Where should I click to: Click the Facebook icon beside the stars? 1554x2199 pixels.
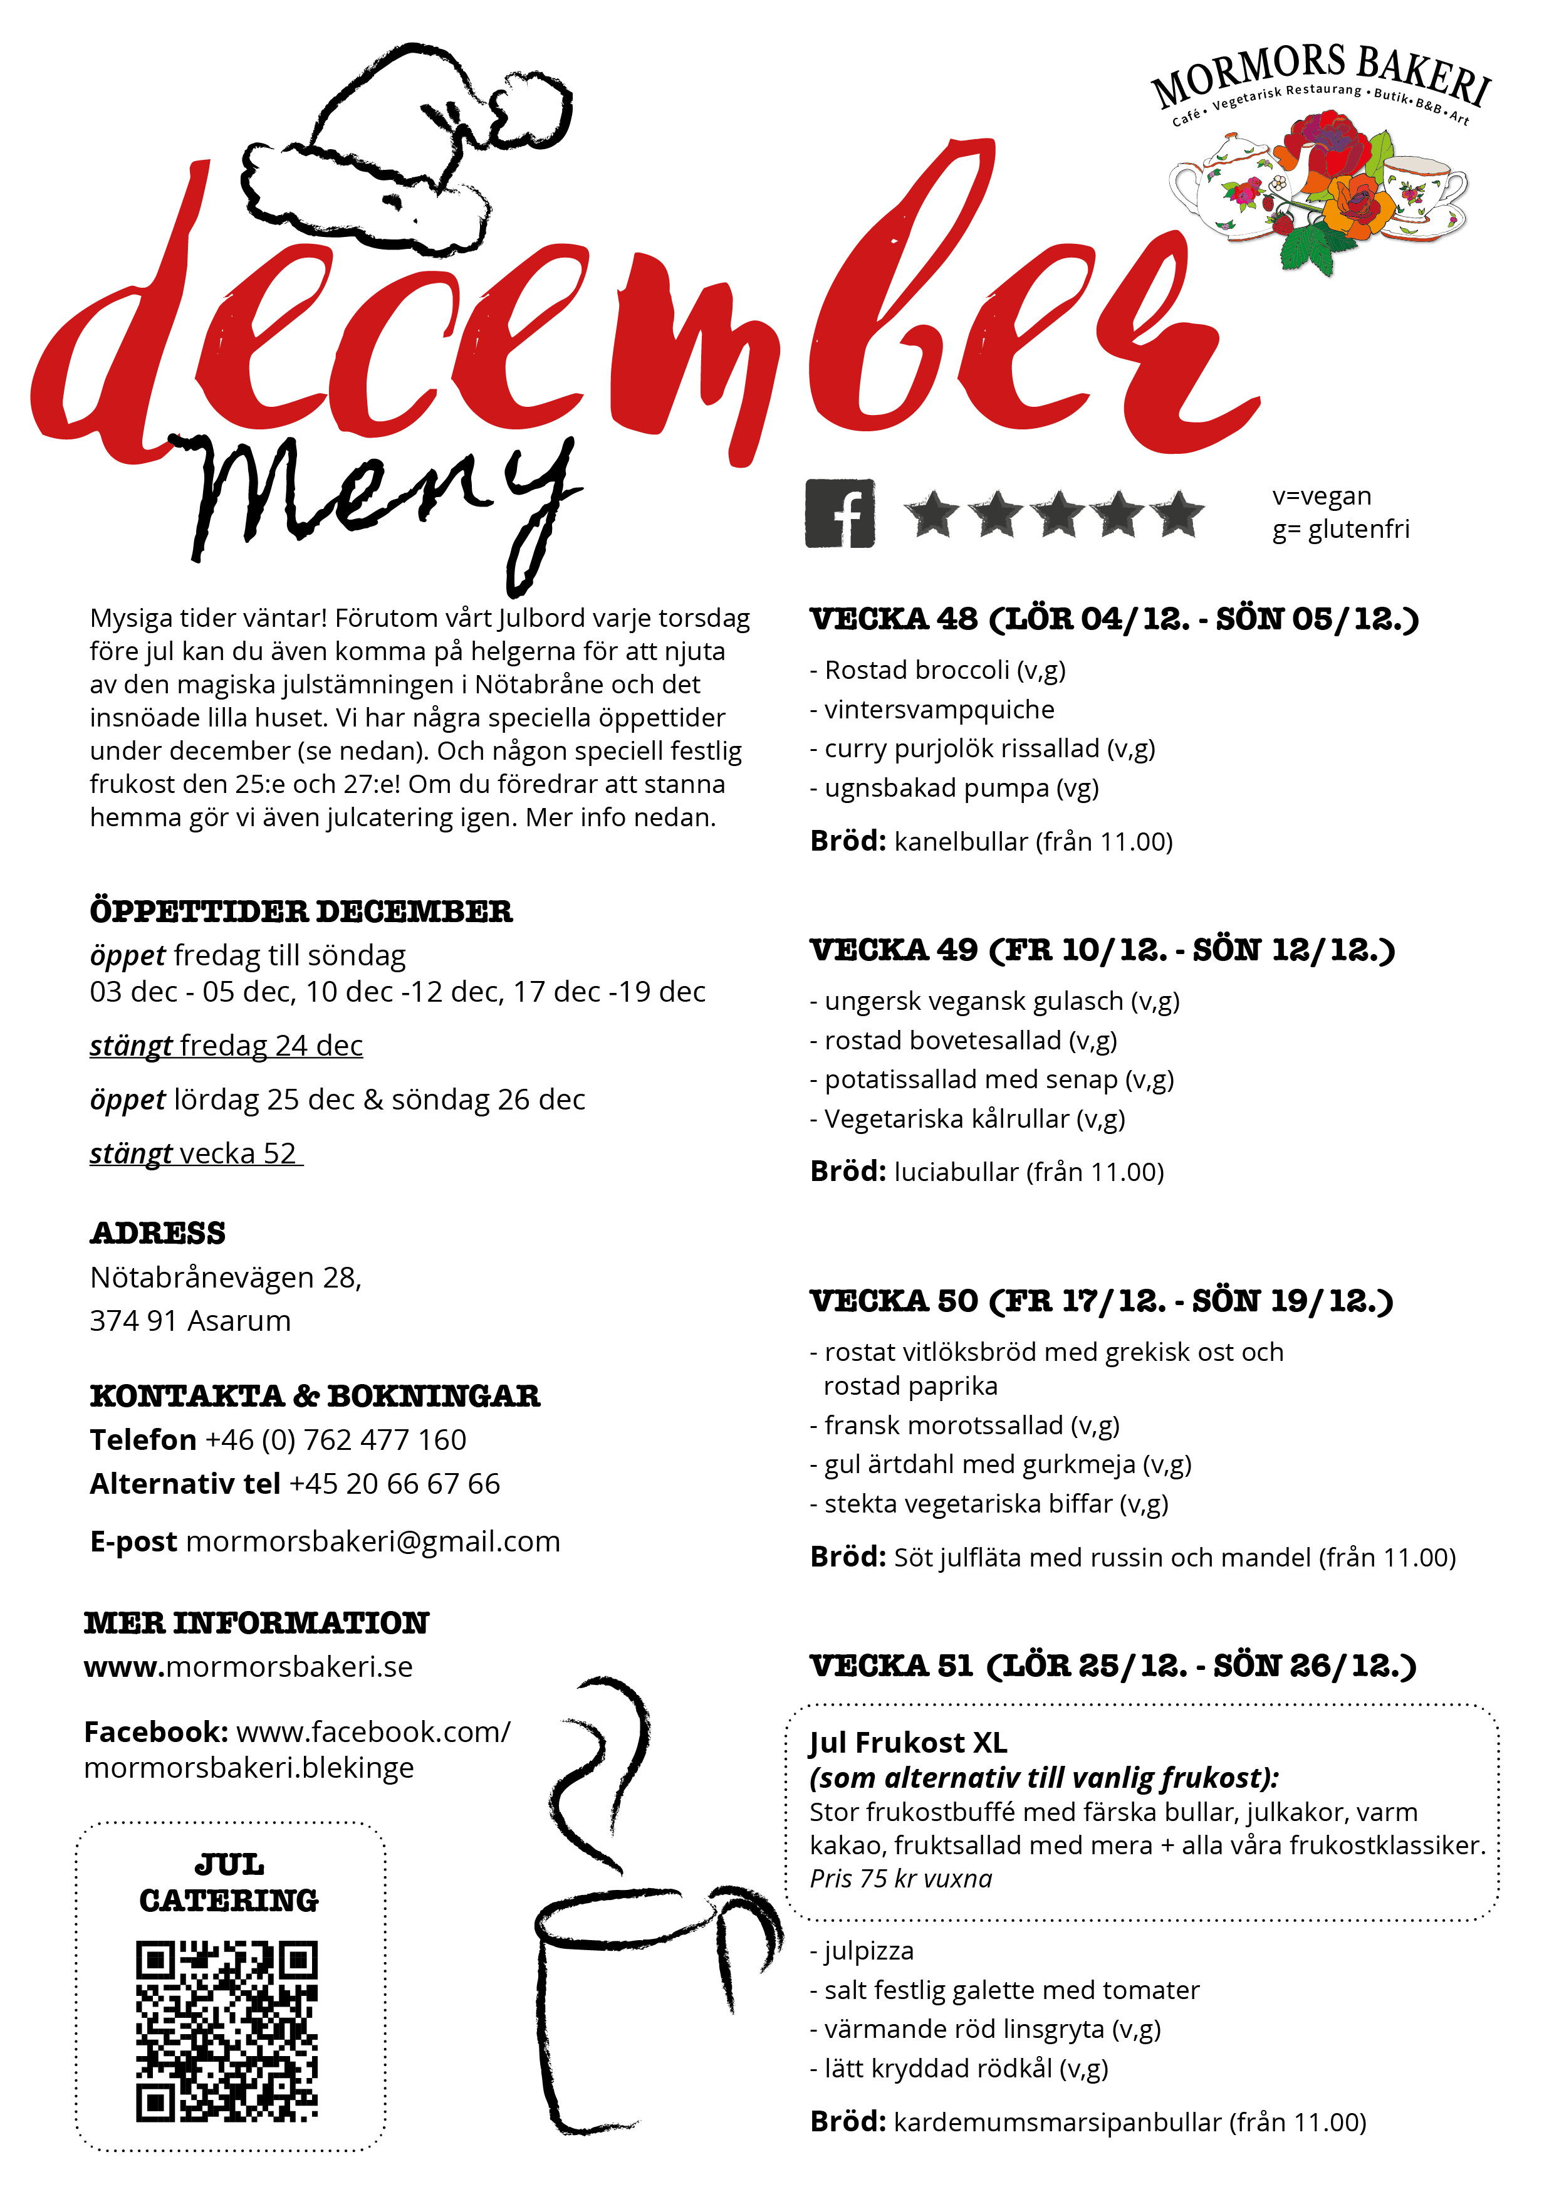pyautogui.click(x=840, y=513)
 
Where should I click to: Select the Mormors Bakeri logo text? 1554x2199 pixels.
pyautogui.click(x=1322, y=75)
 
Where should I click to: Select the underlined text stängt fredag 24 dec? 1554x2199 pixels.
pyautogui.click(x=226, y=1045)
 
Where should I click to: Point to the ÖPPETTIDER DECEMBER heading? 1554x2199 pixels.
pyautogui.click(x=301, y=911)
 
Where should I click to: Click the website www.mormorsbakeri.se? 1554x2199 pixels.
pyautogui.click(x=248, y=1667)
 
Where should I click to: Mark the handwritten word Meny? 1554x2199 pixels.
pyautogui.click(x=383, y=498)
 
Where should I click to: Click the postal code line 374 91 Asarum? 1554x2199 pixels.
pyautogui.click(x=190, y=1321)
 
